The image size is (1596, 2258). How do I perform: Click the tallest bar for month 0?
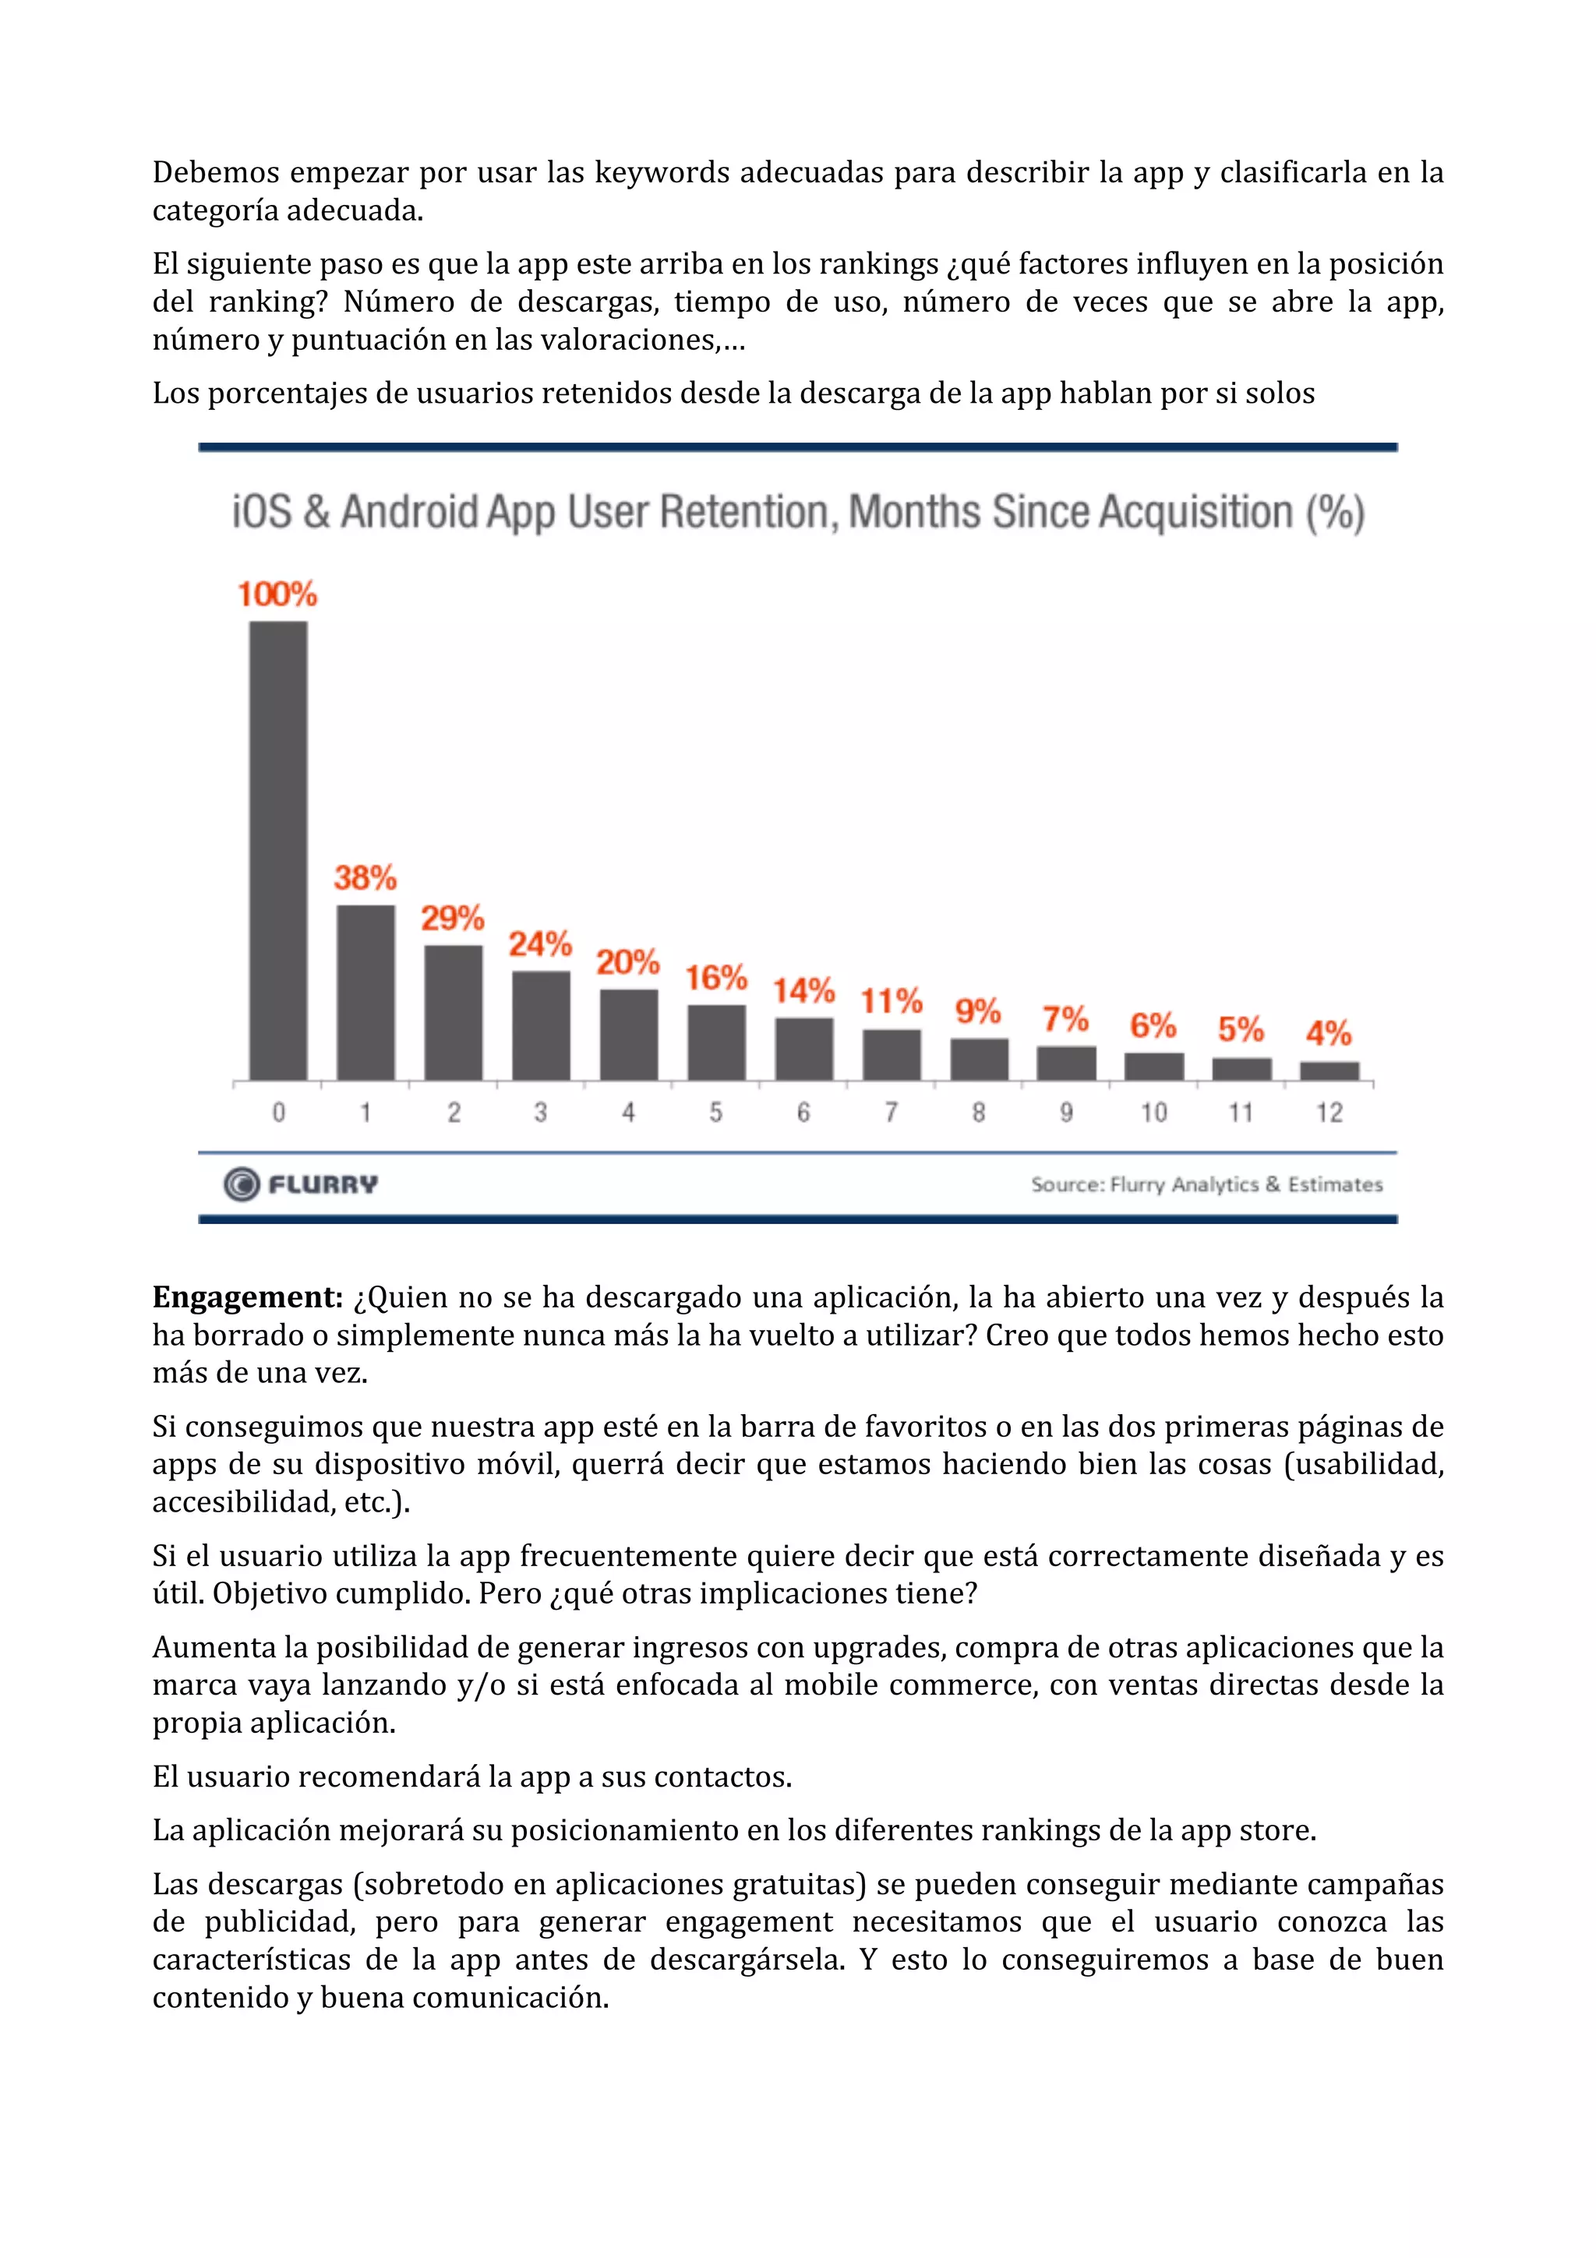click(x=278, y=851)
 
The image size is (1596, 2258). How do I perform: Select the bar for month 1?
click(x=365, y=993)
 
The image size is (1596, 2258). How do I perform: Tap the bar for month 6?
click(x=804, y=1049)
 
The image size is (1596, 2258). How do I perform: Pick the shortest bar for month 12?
click(x=1329, y=1071)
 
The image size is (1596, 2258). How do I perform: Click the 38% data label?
click(x=365, y=877)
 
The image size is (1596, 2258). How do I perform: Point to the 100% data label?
click(x=277, y=594)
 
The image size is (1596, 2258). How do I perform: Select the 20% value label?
click(x=627, y=961)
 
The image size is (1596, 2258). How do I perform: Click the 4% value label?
click(x=1329, y=1032)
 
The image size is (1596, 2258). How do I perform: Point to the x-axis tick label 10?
click(x=1153, y=1113)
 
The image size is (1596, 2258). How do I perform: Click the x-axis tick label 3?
click(x=541, y=1113)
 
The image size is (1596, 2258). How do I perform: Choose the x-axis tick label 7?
click(x=891, y=1113)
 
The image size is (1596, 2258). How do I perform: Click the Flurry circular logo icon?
click(x=241, y=1184)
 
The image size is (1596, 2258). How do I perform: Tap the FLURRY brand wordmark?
click(x=323, y=1184)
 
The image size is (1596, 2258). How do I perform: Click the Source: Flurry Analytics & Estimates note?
click(x=1206, y=1184)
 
